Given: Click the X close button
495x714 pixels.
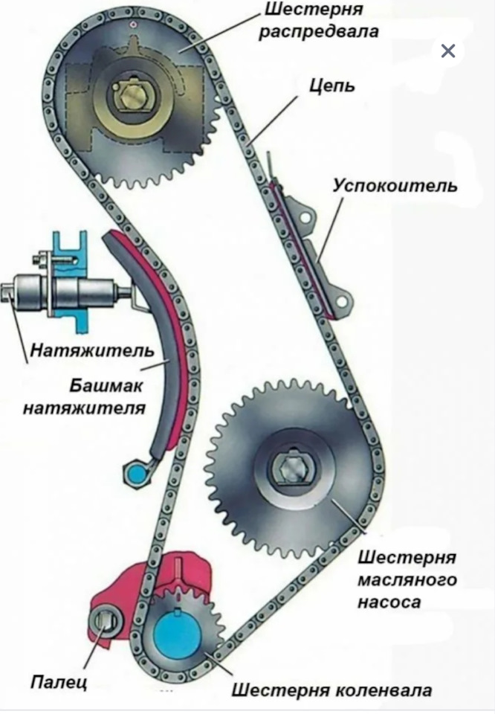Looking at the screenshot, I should click(447, 51).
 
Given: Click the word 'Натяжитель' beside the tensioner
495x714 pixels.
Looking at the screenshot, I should click(92, 350).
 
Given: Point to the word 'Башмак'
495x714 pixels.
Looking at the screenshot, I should click(109, 387).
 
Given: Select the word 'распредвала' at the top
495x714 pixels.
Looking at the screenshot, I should click(320, 31).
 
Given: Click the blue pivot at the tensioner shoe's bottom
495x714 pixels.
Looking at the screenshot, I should click(137, 472).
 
